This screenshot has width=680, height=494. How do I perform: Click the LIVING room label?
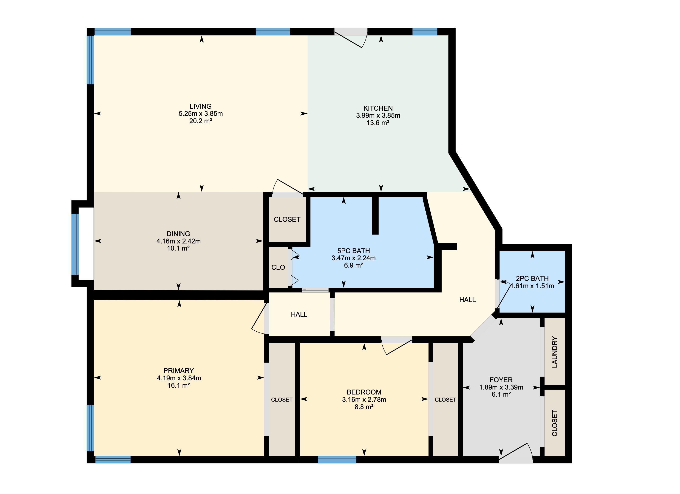(201, 106)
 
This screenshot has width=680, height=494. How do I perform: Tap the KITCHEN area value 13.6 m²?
(378, 123)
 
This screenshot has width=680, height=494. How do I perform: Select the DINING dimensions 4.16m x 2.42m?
(178, 241)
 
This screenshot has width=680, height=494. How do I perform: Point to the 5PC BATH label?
(353, 251)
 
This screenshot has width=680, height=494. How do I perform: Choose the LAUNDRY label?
(554, 352)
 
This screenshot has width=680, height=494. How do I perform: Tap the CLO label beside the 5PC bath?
(278, 268)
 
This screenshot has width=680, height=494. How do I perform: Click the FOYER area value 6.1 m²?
(501, 394)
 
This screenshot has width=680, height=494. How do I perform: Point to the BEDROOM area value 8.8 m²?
(364, 407)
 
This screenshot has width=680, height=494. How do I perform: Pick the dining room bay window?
(75, 244)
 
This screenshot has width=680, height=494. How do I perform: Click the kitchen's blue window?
(425, 32)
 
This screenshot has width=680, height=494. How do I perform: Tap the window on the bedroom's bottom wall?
(337, 460)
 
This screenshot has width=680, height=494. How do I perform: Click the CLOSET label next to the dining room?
(287, 219)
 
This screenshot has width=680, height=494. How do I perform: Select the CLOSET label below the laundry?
(554, 423)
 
